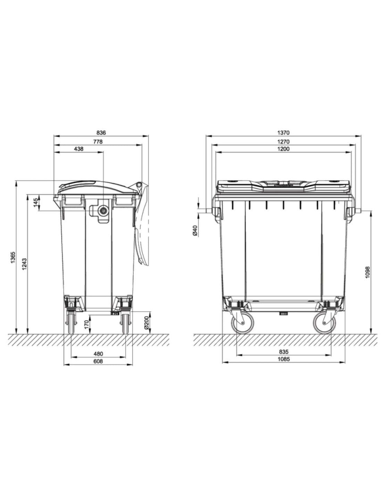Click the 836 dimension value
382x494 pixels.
[101, 132]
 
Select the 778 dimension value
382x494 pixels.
[98, 142]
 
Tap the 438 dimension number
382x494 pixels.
[78, 149]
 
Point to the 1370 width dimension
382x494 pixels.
[283, 132]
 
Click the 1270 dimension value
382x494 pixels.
[283, 142]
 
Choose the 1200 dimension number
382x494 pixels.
[283, 149]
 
